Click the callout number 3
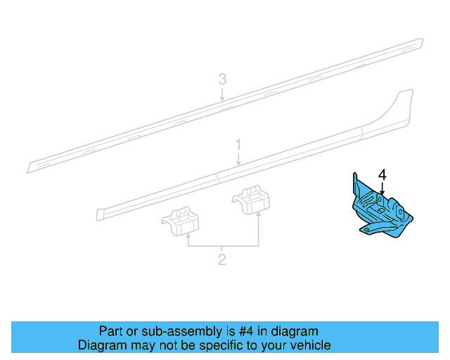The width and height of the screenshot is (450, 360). point(222,79)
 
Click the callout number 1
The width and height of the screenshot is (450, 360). point(238,145)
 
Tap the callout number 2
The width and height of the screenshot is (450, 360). point(222,260)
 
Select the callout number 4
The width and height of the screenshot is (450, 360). point(382,174)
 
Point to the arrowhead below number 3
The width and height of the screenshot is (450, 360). point(222,103)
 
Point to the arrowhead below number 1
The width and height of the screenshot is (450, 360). point(238,165)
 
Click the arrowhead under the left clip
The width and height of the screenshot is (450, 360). point(188,238)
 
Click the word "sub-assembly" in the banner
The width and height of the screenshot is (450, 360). point(157,331)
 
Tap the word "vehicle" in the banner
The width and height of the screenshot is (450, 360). point(311,345)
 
